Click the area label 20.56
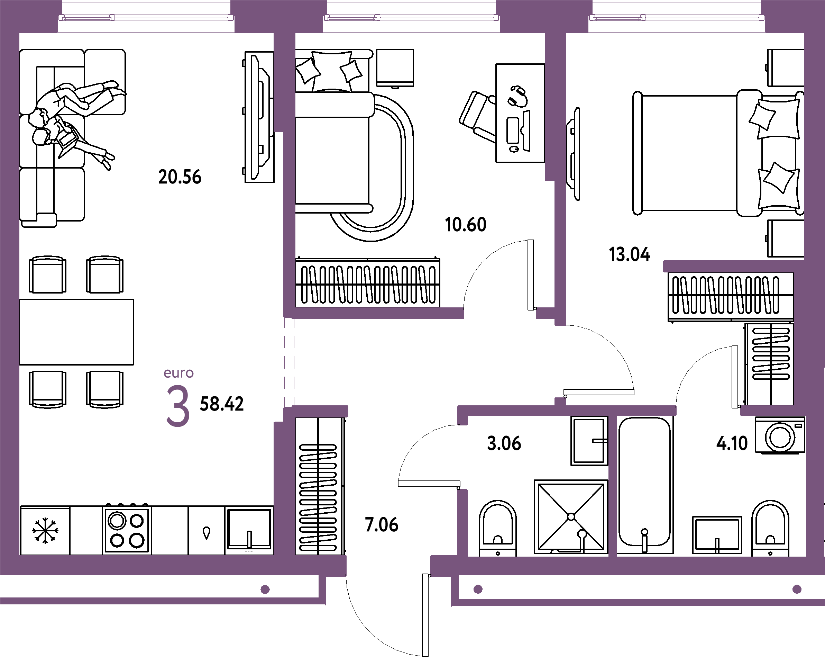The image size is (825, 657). pos(180,177)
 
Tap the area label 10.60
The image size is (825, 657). pos(465,224)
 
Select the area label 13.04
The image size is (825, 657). pos(630,254)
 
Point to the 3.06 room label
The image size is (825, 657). pos(504,443)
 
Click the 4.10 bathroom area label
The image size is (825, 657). pos(732,443)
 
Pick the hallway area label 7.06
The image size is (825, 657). pos(382,524)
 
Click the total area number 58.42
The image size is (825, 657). pos(221,404)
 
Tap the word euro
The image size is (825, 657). pos(179,373)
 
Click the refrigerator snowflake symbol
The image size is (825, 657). pos(45,531)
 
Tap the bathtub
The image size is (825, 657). pos(645,485)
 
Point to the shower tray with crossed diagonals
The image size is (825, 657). pos(571,517)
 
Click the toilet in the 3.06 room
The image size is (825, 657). pos(497,528)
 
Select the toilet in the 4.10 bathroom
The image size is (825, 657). pos(770,528)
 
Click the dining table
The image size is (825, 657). pos(76,332)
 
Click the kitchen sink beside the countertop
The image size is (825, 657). pos(249,530)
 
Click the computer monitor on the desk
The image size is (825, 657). pos(527,130)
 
